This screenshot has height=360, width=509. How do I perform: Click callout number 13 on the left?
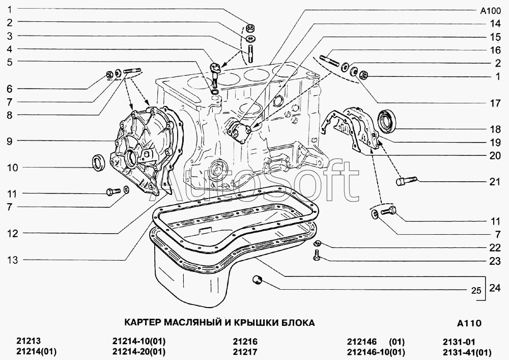pos(12,260)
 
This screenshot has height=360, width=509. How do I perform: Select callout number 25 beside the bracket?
pos(475,291)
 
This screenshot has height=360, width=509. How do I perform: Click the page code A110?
pos(469,323)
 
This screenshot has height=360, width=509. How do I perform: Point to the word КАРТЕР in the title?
pos(143,322)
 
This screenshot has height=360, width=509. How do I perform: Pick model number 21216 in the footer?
pos(245,342)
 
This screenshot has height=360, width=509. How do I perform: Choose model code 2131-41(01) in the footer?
pos(467,351)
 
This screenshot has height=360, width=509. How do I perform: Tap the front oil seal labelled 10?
pos(99,162)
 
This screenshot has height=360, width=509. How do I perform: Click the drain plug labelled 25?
pos(258,279)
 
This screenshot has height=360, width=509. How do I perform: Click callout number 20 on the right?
pos(495,156)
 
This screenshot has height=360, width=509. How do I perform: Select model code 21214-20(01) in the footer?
pos(139,351)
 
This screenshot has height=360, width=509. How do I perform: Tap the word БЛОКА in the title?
pos(298,322)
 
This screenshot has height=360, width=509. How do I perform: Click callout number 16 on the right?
pos(495,50)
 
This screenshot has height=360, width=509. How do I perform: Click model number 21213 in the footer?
pos(28,342)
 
